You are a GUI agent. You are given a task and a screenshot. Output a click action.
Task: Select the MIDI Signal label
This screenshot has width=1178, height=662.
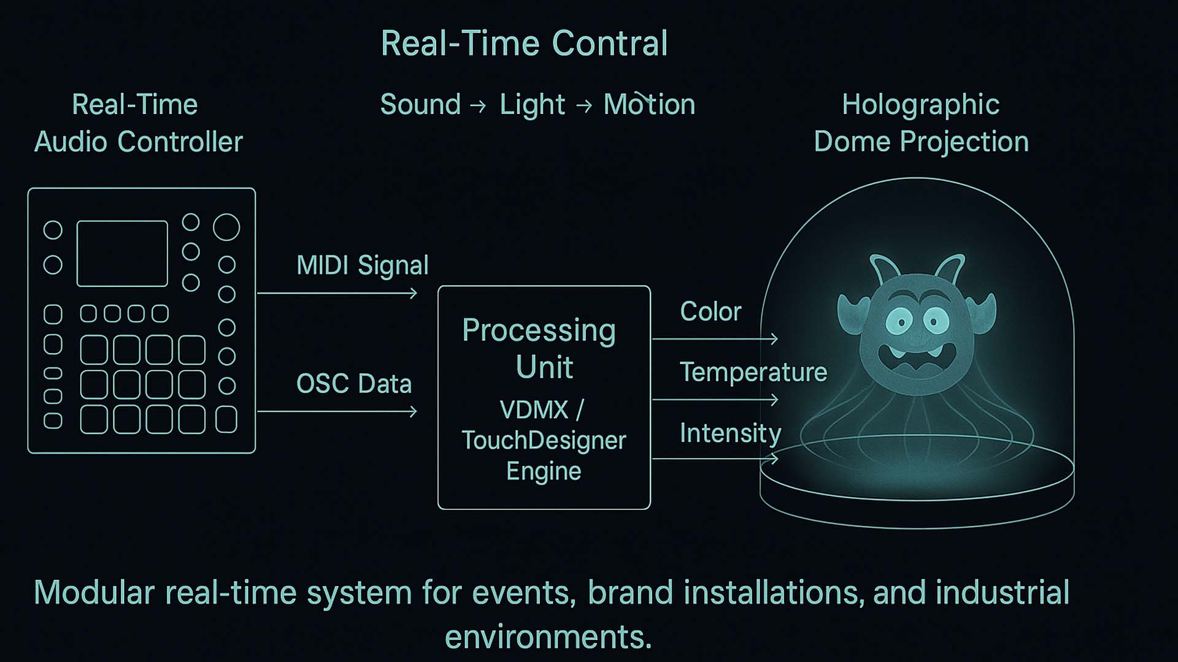tap(363, 266)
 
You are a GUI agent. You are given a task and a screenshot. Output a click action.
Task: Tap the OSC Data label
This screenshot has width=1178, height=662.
tap(354, 384)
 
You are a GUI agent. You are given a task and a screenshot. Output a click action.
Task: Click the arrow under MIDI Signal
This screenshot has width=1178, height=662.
tap(337, 294)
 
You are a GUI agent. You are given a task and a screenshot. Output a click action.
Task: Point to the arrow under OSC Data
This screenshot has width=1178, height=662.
tap(337, 411)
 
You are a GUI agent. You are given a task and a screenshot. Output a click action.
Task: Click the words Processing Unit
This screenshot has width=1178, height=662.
tap(539, 348)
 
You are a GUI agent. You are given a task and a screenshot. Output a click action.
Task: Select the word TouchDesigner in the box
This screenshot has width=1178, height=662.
tap(544, 440)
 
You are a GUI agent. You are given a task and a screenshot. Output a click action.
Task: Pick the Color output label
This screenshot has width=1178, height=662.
tap(710, 311)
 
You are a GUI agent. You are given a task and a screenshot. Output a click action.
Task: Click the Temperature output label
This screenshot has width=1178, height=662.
tap(753, 372)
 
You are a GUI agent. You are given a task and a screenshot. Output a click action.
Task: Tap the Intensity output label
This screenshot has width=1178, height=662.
tap(730, 433)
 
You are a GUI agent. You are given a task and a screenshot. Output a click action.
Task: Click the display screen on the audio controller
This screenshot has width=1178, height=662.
tap(122, 254)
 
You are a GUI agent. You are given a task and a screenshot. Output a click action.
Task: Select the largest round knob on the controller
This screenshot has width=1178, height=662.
tap(226, 227)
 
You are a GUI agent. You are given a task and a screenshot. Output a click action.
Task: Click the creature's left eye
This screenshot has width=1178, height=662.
tap(900, 321)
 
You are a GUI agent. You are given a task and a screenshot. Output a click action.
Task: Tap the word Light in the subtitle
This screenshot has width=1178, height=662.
tap(533, 105)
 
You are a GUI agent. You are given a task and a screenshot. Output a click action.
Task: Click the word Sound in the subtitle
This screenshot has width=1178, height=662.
tap(420, 104)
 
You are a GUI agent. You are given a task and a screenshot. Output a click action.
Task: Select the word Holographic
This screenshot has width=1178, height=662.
tap(921, 105)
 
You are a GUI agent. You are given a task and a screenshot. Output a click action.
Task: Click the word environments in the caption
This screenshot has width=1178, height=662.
tap(548, 637)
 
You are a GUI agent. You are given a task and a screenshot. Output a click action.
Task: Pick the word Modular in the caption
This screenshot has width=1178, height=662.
tap(94, 593)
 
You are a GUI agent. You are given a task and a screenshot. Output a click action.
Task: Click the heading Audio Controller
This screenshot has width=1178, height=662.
tap(139, 142)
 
